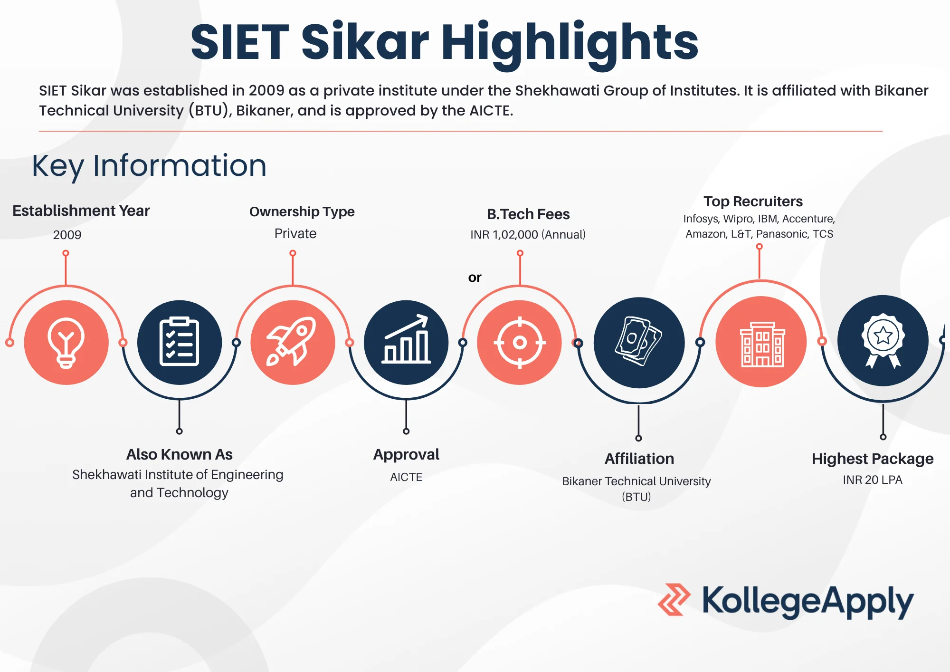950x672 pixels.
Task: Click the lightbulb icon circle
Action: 66,342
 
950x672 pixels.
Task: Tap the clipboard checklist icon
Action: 180,342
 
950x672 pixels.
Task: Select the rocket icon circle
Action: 293,342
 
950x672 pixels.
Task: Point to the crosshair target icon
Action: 520,342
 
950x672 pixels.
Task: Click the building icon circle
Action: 761,341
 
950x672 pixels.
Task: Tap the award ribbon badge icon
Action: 883,341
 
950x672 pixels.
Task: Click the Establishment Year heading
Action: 81,211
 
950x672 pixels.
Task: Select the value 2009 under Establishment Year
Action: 67,235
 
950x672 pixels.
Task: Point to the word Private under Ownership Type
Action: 295,233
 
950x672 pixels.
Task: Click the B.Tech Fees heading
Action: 528,214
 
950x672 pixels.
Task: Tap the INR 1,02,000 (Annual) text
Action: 528,235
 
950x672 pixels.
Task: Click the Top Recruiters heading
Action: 753,202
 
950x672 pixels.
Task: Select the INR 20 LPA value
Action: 873,480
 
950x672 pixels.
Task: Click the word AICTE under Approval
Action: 406,477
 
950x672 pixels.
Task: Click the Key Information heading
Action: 149,166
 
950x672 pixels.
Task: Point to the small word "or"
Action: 475,278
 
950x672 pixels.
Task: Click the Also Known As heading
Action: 180,455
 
